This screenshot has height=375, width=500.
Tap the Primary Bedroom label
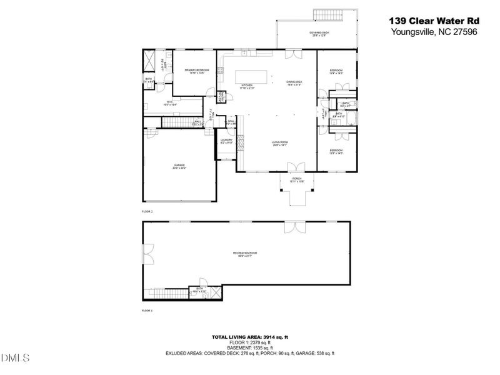(x=198, y=72)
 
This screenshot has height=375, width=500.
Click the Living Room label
(x=279, y=143)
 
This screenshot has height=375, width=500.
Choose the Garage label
(x=179, y=166)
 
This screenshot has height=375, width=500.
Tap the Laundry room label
(x=226, y=141)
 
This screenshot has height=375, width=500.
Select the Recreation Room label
(x=245, y=254)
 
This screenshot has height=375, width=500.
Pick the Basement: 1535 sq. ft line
(x=249, y=348)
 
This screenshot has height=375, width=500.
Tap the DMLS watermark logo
(x=16, y=357)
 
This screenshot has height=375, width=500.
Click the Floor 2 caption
(x=148, y=212)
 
